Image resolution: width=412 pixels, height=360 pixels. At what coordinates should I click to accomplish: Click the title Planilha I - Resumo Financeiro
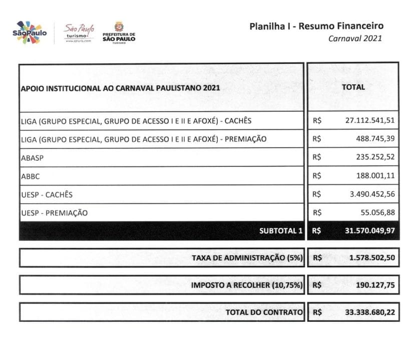pos(316,26)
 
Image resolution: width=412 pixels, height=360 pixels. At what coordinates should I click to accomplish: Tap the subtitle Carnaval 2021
pos(355,38)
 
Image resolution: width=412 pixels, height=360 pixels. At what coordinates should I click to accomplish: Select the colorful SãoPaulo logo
pos(30,32)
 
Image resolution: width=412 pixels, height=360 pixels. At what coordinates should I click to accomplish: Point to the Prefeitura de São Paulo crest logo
pos(119,33)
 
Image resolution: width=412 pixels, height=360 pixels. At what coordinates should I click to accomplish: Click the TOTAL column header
pos(353,87)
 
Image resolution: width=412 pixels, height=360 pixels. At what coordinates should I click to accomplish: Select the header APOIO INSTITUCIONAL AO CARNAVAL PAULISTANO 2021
pos(120,88)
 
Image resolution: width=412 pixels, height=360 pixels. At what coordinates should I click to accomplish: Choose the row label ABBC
pos(30,176)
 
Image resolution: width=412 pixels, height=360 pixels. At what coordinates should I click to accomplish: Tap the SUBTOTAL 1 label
pos(281,231)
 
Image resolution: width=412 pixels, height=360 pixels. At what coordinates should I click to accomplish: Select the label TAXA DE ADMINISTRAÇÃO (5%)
pos(247,258)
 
